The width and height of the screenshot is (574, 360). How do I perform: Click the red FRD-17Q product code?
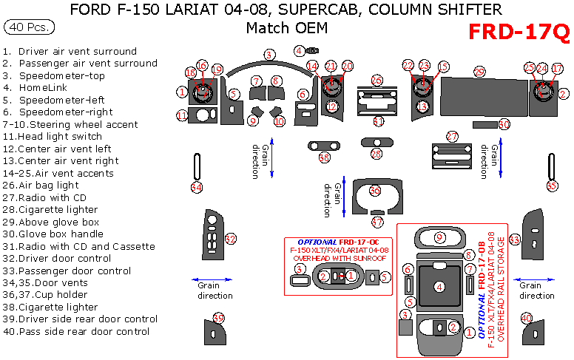(519, 33)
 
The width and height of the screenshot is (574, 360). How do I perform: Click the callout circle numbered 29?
(479, 72)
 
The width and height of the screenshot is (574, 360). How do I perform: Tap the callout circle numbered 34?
(196, 188)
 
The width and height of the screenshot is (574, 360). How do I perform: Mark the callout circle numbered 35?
(552, 186)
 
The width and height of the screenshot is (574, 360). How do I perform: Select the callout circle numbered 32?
(231, 239)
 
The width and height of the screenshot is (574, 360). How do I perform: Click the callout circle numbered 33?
(514, 239)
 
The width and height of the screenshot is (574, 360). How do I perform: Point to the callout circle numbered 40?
(527, 318)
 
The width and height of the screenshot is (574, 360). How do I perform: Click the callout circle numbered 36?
(375, 191)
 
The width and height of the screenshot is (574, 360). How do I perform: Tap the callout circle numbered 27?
(451, 136)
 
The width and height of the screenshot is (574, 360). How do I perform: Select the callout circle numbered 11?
(182, 115)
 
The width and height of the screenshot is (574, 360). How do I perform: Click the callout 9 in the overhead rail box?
(439, 237)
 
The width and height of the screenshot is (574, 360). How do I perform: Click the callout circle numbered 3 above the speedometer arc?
(270, 55)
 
